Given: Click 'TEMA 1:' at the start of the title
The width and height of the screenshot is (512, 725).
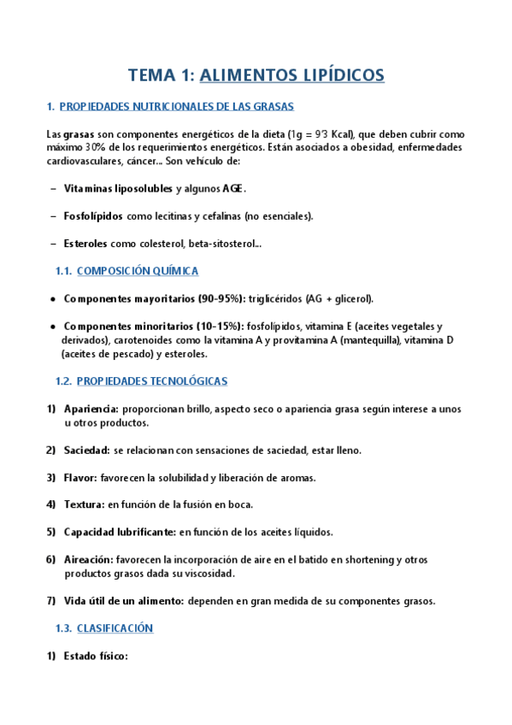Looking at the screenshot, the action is tap(161, 75).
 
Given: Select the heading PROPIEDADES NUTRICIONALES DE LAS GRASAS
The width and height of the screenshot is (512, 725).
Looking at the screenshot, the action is tap(177, 107).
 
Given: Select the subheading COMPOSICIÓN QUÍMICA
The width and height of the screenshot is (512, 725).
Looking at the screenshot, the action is tap(138, 271).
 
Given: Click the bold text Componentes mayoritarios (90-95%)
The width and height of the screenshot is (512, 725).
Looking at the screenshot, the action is tap(154, 298).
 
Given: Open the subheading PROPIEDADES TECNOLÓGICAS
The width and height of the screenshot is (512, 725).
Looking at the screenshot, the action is tap(152, 380).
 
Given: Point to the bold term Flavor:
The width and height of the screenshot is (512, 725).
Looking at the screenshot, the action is tap(80, 477).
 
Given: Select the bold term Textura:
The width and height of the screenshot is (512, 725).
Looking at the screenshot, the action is tap(84, 504).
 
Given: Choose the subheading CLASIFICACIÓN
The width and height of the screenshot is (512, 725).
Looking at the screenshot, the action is tap(115, 628).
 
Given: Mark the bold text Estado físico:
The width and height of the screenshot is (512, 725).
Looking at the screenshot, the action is tap(96, 657).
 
